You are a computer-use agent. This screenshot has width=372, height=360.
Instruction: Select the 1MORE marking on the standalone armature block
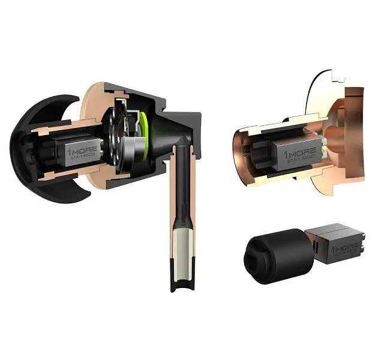click(x=346, y=247)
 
